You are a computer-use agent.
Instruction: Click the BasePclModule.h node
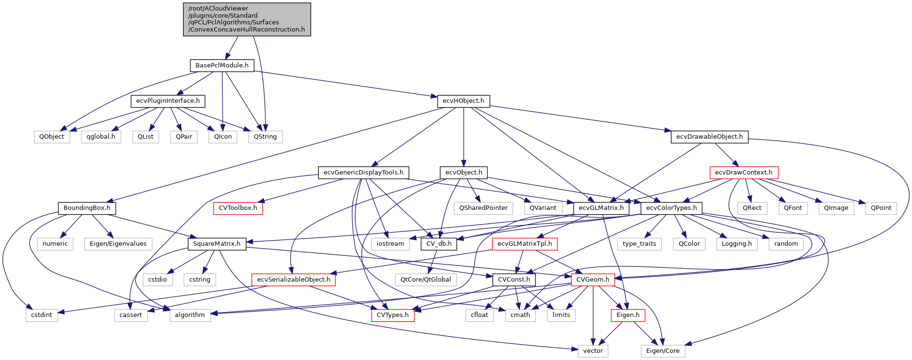coord(222,65)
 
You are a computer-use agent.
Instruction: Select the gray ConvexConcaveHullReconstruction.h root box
coord(247,19)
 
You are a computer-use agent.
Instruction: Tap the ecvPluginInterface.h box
coord(168,101)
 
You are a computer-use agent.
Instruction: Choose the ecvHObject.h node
coord(463,101)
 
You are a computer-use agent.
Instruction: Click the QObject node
coord(52,137)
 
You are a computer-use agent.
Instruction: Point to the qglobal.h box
coord(101,137)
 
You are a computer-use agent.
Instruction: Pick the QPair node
coord(184,137)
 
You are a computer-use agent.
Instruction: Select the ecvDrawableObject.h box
coord(709,137)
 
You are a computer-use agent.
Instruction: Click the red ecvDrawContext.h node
coord(743,173)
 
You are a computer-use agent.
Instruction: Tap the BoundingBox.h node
coord(87,208)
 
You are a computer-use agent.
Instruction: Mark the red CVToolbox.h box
coord(238,208)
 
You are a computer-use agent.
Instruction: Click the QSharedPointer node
coord(483,208)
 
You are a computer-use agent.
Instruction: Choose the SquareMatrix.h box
coord(217,244)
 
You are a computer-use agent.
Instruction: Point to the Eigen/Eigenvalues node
coord(118,244)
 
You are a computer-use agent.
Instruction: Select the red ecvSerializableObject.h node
coord(293,280)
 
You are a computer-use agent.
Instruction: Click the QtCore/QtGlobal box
coord(425,280)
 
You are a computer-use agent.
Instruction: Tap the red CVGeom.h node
coord(593,280)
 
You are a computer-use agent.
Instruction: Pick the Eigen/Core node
coord(662,351)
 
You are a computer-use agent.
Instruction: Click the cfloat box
coord(479,315)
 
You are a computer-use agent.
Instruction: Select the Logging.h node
coord(737,244)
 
